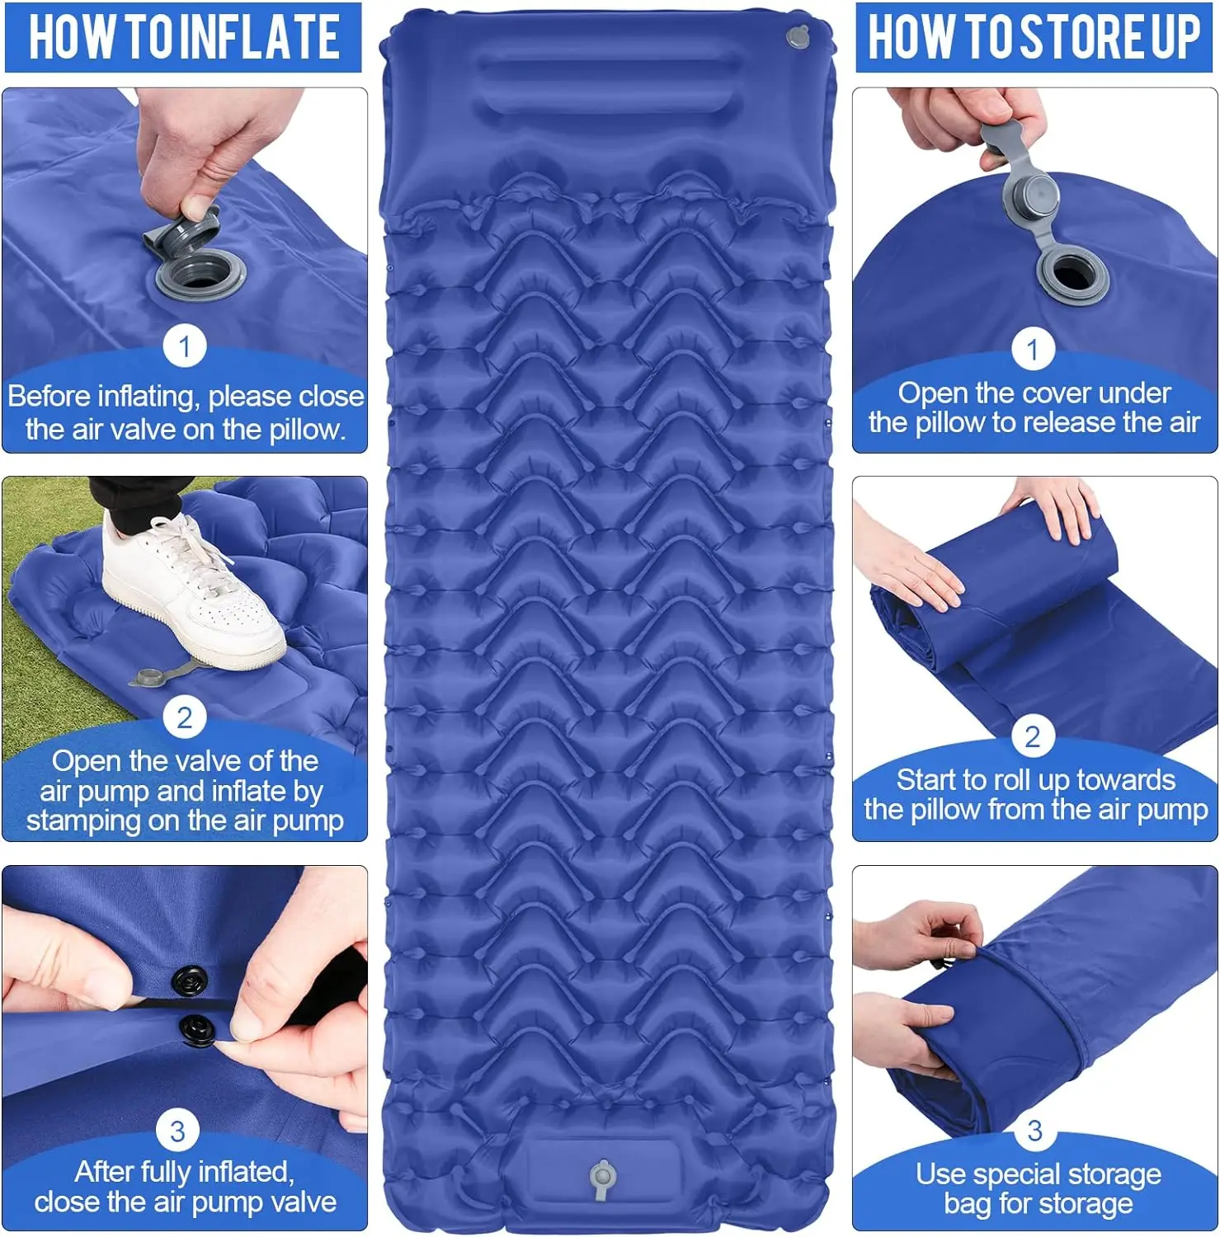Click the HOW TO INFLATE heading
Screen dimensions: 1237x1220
coord(183,37)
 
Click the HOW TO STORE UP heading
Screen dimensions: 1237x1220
coord(1034,37)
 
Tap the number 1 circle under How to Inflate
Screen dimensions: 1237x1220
coord(184,346)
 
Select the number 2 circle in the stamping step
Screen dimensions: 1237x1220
coord(184,718)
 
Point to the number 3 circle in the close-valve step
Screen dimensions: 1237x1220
coord(177,1131)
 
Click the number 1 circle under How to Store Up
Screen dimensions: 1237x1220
coord(1032,350)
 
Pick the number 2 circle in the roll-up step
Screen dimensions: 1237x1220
coord(1032,736)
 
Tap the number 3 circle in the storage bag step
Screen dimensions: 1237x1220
coord(1034,1131)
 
